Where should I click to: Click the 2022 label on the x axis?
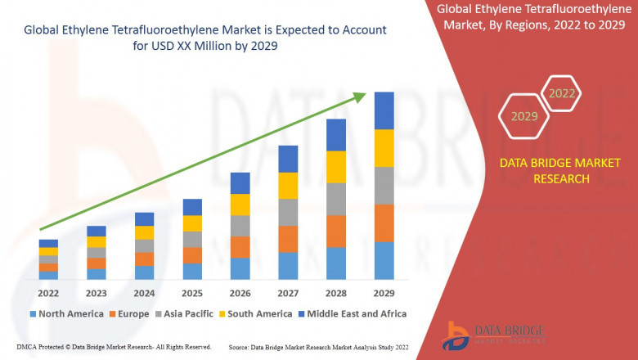(x=48, y=293)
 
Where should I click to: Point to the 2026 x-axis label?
(x=240, y=293)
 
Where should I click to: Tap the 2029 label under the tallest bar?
(x=384, y=293)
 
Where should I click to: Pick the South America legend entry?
(x=256, y=313)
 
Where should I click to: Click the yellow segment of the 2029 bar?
(x=384, y=148)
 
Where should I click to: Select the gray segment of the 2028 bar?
(x=336, y=199)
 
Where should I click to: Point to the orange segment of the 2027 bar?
(x=288, y=239)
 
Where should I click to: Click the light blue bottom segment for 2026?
(x=240, y=269)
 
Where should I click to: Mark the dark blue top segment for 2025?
(x=192, y=207)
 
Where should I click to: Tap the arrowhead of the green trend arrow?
(x=360, y=97)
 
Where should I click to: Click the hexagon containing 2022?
(x=562, y=93)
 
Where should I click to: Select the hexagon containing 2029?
(x=524, y=116)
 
